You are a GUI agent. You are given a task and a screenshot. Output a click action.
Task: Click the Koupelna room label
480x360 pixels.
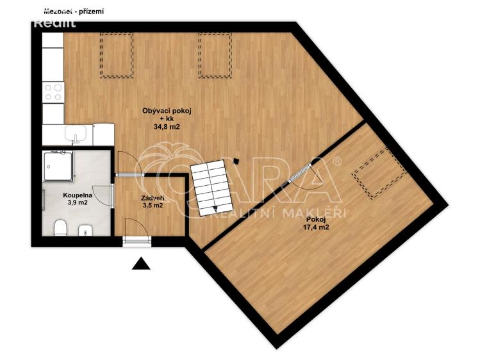pyautogui.click(x=76, y=193)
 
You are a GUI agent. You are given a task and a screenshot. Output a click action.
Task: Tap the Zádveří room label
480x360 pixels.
pyautogui.click(x=153, y=198)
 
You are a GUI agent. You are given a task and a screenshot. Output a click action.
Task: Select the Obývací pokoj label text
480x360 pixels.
pyautogui.click(x=167, y=111)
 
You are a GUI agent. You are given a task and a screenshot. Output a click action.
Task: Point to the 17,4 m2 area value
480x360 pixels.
pyautogui.click(x=316, y=227)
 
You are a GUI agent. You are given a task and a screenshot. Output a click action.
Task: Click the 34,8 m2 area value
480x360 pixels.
pyautogui.click(x=167, y=127)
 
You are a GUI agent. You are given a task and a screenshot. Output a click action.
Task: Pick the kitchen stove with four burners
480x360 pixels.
pyautogui.click(x=53, y=94)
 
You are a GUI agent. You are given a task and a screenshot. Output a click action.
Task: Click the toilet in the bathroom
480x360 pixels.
pyautogui.click(x=60, y=228)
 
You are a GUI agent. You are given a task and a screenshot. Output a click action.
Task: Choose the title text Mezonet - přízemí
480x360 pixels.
pyautogui.click(x=74, y=11)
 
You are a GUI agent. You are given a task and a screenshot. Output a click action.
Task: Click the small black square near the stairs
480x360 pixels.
pyautogui.click(x=236, y=161)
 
